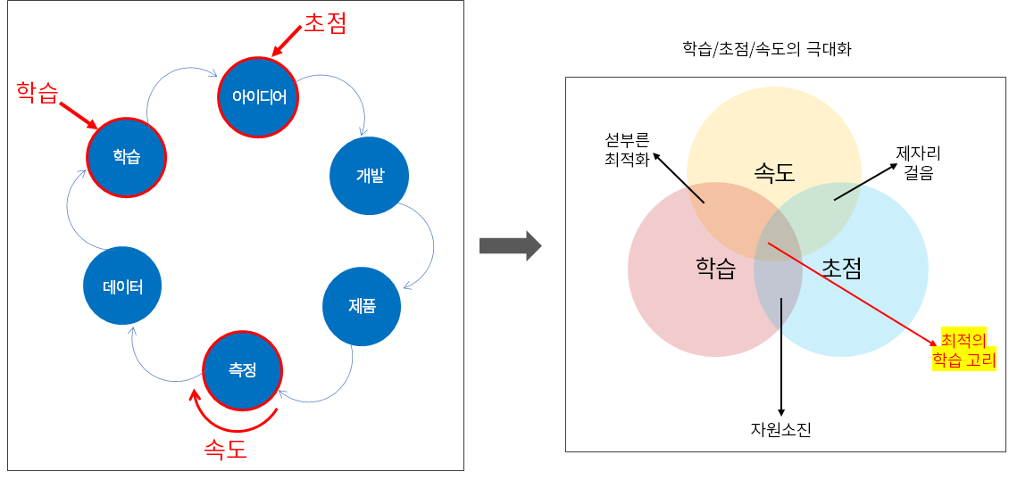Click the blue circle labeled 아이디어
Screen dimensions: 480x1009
point(258,96)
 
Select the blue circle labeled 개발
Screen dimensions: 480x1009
point(369,176)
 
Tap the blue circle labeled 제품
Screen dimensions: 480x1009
point(362,306)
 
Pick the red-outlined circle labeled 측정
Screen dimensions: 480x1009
point(242,369)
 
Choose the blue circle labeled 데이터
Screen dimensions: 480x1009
point(122,286)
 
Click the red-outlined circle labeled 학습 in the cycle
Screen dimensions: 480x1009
point(126,157)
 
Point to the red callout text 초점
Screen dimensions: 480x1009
point(324,23)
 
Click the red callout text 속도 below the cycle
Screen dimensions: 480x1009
point(225,449)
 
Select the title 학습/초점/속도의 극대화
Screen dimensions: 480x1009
point(766,50)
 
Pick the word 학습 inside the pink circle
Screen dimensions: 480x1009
point(715,268)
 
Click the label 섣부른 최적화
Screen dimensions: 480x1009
point(626,150)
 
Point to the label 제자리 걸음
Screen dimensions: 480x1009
point(919,163)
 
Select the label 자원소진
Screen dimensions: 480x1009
point(781,430)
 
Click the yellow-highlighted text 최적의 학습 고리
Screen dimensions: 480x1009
point(963,349)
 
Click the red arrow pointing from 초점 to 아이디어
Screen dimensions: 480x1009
point(288,42)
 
